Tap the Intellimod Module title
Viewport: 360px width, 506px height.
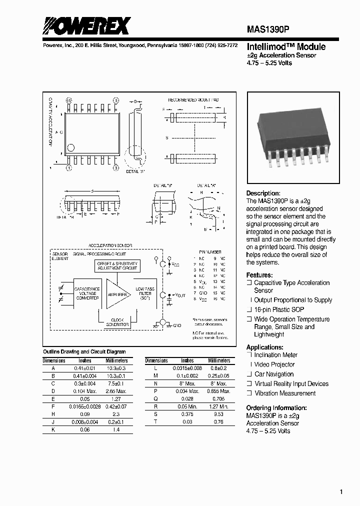[x=286, y=47]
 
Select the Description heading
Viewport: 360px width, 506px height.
[x=263, y=193]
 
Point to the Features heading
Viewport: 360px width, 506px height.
[x=259, y=275]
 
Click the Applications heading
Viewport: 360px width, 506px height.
[x=264, y=347]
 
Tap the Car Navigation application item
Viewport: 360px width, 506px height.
[x=274, y=374]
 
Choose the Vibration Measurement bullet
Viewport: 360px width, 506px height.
[x=285, y=393]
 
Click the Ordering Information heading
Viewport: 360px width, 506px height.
[x=276, y=408]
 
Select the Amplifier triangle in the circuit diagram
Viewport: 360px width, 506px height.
[x=117, y=294]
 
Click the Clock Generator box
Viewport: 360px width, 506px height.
[x=117, y=322]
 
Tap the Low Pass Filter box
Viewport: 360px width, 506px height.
[x=145, y=293]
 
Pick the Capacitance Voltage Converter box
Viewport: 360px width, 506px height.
[x=86, y=294]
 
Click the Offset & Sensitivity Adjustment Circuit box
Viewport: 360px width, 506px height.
[x=117, y=265]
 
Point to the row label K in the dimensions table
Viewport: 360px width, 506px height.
[x=53, y=429]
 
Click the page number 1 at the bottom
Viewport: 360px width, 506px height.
[x=341, y=492]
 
